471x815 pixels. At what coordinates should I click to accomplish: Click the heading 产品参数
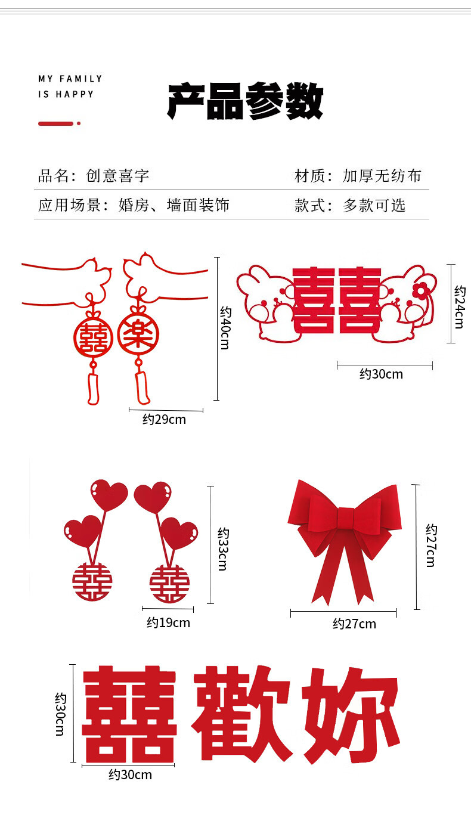point(245,102)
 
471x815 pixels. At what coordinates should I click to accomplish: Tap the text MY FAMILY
point(70,79)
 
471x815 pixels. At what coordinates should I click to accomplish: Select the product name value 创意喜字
point(117,176)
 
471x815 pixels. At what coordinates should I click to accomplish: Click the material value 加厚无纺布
point(382,176)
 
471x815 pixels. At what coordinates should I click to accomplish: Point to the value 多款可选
point(374,206)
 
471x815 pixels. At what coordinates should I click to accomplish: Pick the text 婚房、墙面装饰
point(174,206)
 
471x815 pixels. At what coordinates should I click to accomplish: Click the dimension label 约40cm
point(225,328)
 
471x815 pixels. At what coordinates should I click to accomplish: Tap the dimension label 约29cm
point(164,420)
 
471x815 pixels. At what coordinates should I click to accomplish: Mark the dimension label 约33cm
point(222,549)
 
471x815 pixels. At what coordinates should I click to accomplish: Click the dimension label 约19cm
point(168,623)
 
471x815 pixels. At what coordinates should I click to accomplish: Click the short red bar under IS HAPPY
point(56,123)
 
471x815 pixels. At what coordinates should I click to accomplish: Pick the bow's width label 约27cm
point(354,624)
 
